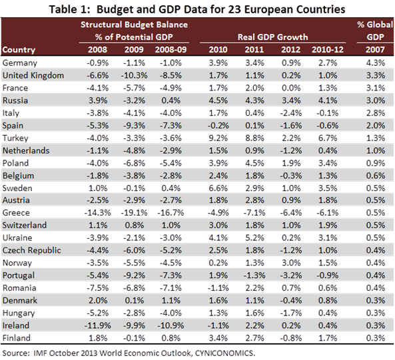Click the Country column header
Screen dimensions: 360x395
coord(19,50)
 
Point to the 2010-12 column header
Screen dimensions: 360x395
coord(327,50)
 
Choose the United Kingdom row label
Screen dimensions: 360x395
coord(33,75)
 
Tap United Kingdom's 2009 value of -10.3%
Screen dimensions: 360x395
coord(133,75)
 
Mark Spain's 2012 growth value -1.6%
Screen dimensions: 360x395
coord(290,125)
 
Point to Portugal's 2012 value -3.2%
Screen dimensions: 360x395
coord(290,275)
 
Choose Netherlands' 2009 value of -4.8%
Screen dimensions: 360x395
coord(133,150)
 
